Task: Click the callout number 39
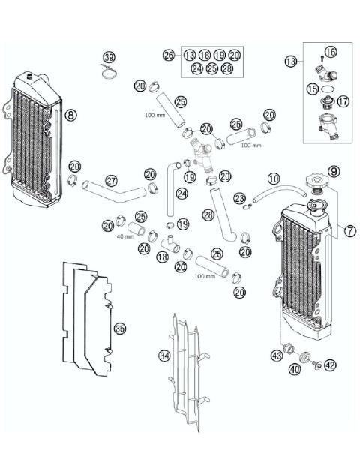(109, 58)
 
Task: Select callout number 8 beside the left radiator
(70, 115)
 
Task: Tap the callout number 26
(168, 56)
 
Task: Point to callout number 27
(111, 181)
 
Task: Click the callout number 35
(119, 328)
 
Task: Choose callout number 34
(164, 354)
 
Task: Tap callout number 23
(240, 198)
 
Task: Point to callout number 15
(312, 89)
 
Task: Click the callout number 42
(330, 365)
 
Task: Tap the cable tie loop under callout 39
(109, 73)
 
